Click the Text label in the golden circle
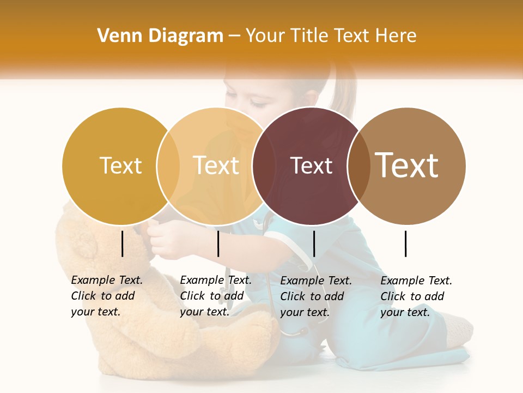[x=120, y=165]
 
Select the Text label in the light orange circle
[x=216, y=165]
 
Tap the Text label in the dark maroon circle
[x=311, y=165]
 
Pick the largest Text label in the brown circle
[x=407, y=165]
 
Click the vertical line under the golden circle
[x=123, y=243]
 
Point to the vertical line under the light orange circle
[x=218, y=243]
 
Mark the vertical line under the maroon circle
[x=314, y=243]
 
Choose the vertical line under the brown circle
[x=405, y=243]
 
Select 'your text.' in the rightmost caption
[x=405, y=312]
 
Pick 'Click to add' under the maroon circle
[x=312, y=296]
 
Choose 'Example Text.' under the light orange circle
[x=216, y=280]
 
